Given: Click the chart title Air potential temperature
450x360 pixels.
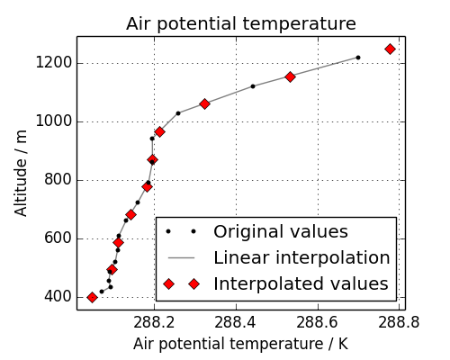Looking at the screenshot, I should pos(240,23).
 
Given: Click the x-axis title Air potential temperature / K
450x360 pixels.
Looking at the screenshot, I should pos(240,344).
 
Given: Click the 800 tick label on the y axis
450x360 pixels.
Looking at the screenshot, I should pos(55,180).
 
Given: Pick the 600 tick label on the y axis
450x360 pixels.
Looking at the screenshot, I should pos(55,238).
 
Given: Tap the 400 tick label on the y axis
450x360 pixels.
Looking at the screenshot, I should pos(55,297).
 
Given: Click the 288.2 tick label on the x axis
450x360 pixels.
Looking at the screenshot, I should pos(153,321).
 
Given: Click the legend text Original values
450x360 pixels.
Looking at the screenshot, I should pos(280,231).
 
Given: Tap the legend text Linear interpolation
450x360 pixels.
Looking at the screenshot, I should pos(301,257).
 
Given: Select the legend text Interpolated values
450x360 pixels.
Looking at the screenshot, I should pos(300,284).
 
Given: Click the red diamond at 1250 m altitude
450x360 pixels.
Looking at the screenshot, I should pos(390,49).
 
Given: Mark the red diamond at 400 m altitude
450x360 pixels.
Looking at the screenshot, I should pos(92,297).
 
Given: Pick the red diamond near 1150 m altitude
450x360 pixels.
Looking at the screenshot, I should pos(290,76).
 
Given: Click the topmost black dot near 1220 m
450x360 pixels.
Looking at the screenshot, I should pos(357,58).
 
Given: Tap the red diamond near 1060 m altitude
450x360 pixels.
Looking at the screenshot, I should pos(204,103).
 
